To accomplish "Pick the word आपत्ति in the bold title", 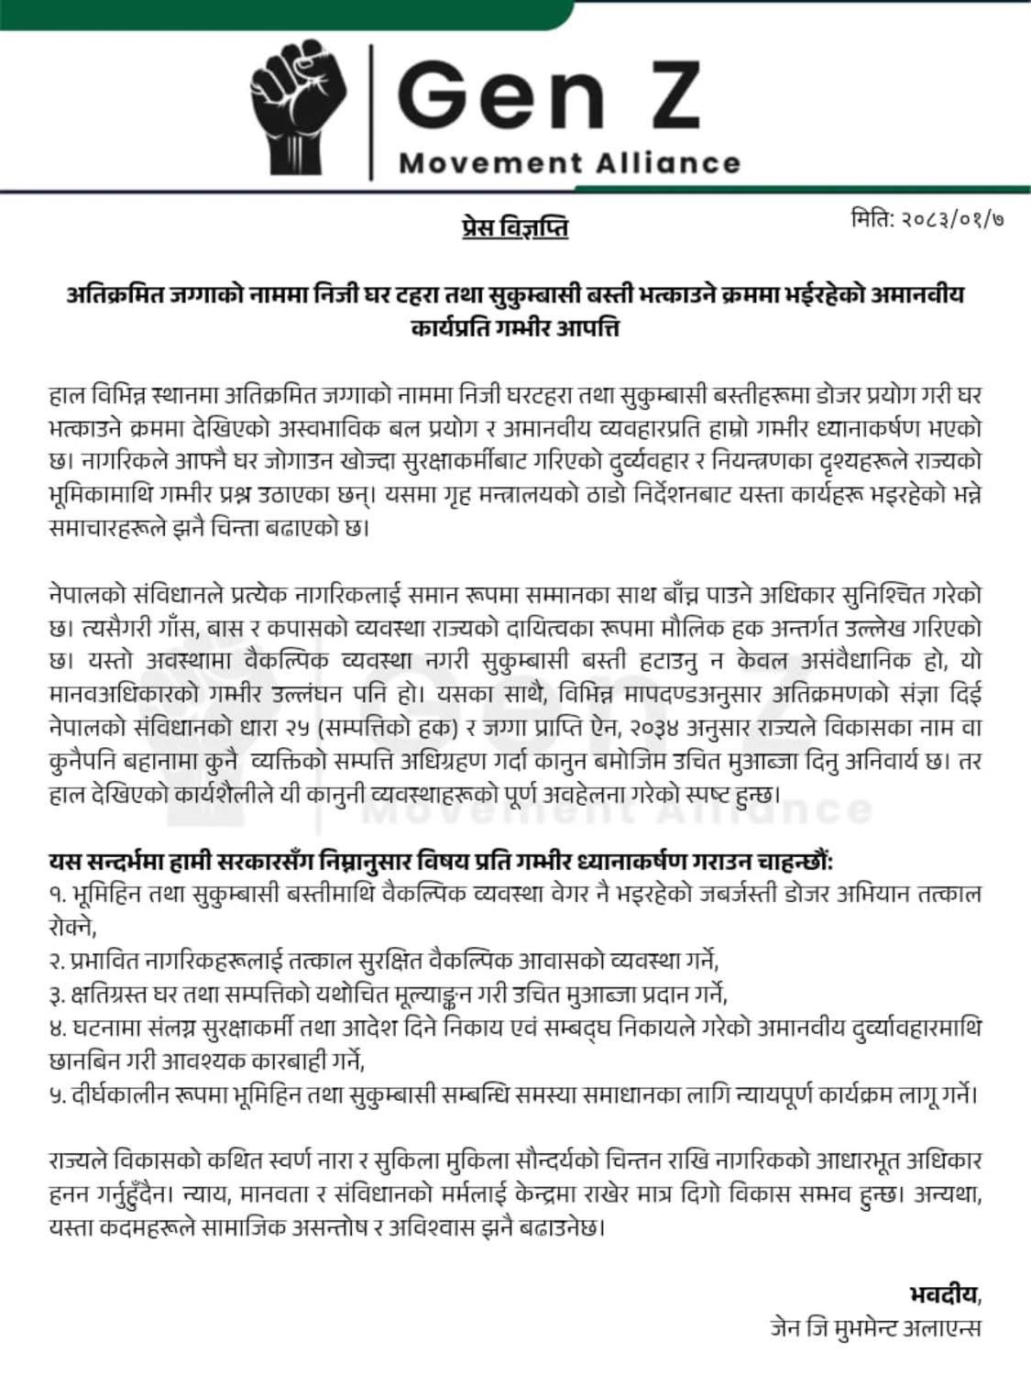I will pyautogui.click(x=587, y=325).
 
